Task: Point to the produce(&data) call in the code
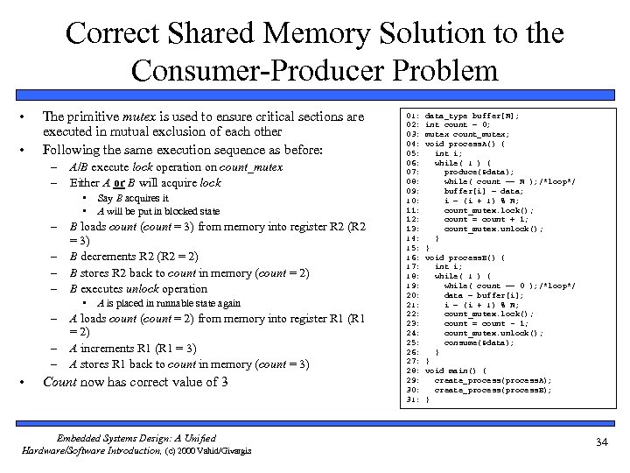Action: pos(479,173)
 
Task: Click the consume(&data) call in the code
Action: pos(479,342)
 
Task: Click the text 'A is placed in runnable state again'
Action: pos(169,303)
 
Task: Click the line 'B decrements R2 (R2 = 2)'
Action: pos(135,257)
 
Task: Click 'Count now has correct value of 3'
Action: pos(136,382)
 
